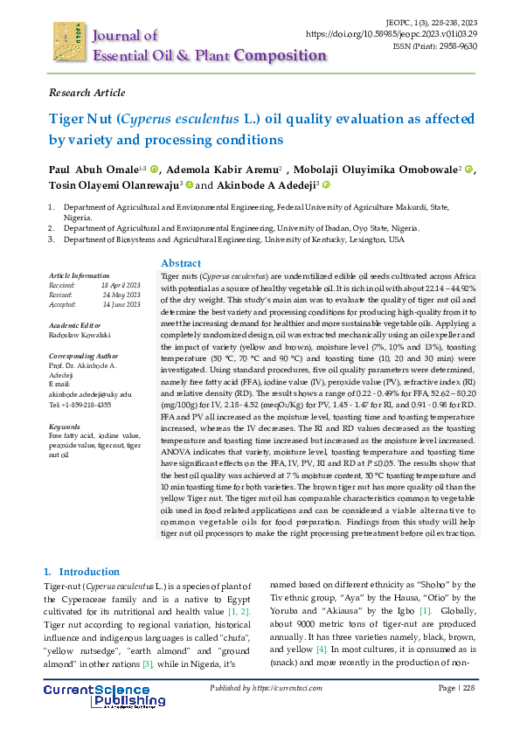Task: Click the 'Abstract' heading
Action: (181, 263)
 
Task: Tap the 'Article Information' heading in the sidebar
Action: (79, 275)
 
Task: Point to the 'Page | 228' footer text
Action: (455, 690)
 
